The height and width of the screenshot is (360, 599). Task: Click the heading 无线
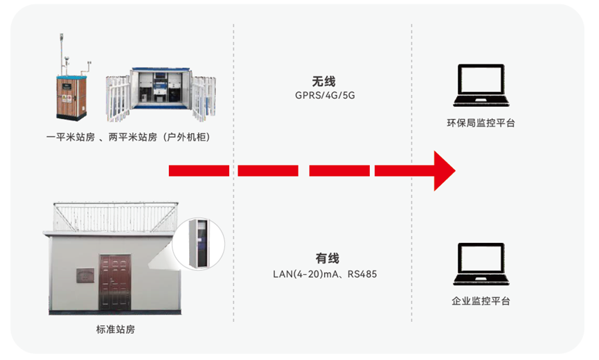pos(324,81)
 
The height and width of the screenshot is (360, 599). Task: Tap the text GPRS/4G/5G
pos(324,96)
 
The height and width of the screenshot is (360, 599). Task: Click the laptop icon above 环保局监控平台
pos(481,86)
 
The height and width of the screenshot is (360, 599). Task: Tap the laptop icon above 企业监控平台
pos(481,264)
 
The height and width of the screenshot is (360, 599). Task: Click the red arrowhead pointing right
pos(443,170)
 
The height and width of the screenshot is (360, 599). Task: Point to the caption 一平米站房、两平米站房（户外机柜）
pos(127,138)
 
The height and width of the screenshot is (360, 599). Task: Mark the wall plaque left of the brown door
pos(85,274)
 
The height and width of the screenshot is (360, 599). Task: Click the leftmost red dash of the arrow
pos(199,170)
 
